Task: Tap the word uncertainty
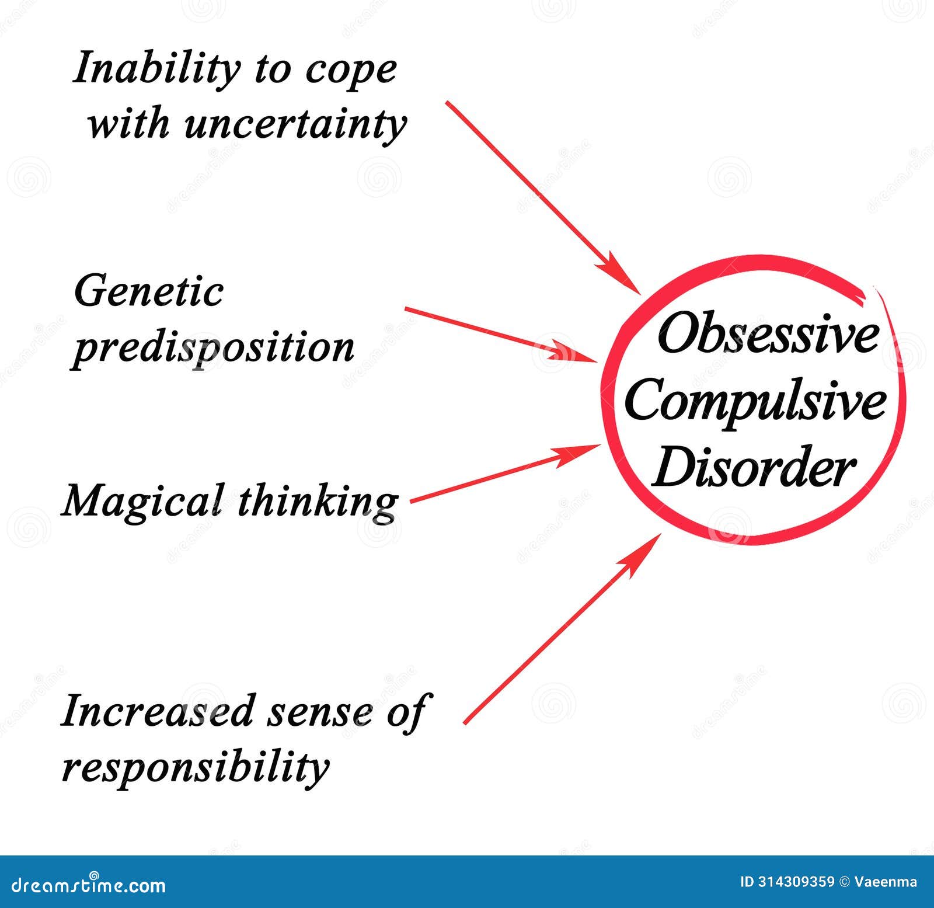[x=295, y=124]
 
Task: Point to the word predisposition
[x=213, y=347]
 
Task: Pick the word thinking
[x=318, y=502]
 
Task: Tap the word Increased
[x=158, y=711]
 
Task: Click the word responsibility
[x=196, y=766]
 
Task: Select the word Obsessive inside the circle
[x=768, y=335]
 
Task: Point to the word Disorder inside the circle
[x=753, y=467]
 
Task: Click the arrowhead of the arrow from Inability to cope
[x=623, y=277]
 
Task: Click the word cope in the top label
[x=351, y=70]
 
